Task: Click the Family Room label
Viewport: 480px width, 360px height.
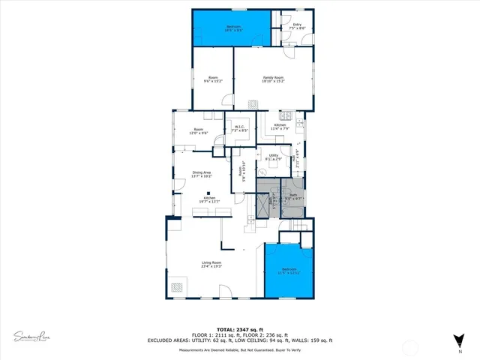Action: pyautogui.click(x=273, y=79)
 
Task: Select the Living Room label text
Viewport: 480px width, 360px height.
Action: pyautogui.click(x=211, y=264)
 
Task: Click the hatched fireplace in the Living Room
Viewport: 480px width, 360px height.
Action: pyautogui.click(x=178, y=286)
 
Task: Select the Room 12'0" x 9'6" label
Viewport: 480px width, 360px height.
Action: pyautogui.click(x=199, y=131)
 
